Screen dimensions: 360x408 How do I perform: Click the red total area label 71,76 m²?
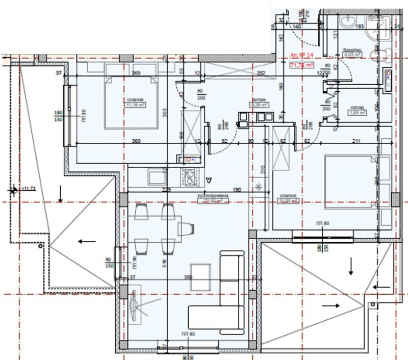point(301,65)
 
